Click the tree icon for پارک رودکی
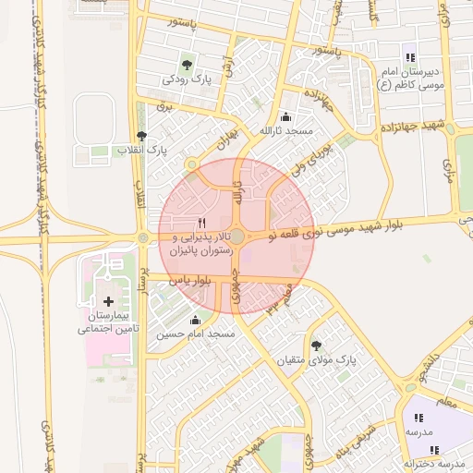click(188, 65)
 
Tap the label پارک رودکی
click(188, 80)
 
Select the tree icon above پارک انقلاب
click(140, 136)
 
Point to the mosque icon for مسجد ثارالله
click(285, 117)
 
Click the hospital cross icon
click(109, 301)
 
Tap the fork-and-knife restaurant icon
click(201, 224)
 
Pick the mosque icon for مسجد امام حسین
click(195, 321)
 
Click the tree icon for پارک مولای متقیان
click(316, 344)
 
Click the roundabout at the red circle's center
click(237, 237)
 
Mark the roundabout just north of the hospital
click(143, 238)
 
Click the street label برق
click(167, 107)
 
